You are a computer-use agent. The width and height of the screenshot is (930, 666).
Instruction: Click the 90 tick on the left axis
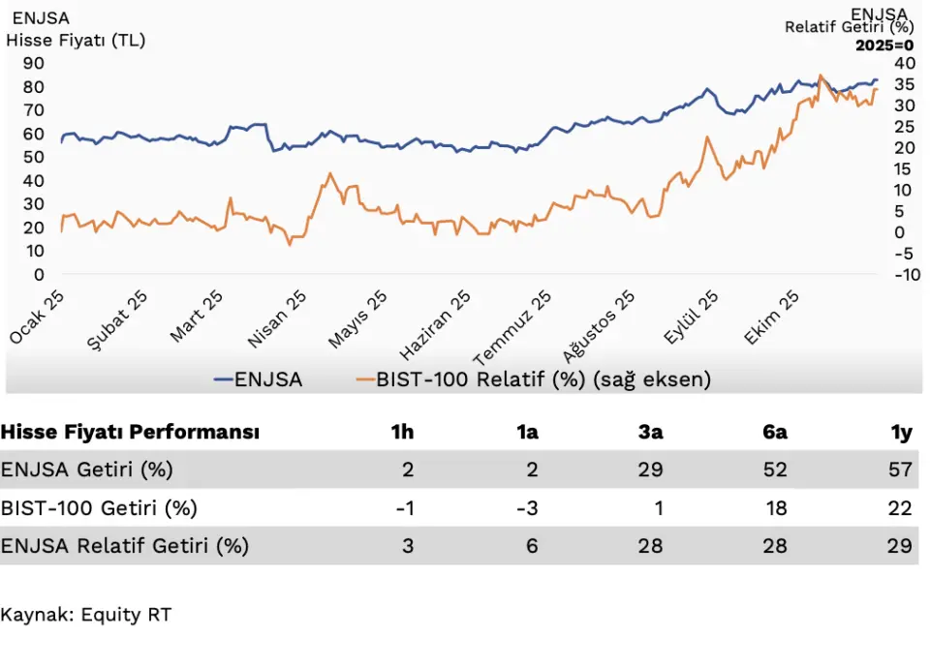[34, 63]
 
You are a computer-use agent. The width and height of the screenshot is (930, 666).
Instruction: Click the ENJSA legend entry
[259, 379]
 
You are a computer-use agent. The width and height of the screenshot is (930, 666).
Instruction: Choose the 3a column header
[650, 432]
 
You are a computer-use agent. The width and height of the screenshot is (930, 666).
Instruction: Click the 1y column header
[902, 432]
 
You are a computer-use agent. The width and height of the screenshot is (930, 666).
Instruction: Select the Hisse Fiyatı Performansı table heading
[130, 432]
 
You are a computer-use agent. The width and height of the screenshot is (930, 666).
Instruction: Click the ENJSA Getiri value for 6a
[775, 469]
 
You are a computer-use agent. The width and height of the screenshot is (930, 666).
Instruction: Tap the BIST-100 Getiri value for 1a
[527, 508]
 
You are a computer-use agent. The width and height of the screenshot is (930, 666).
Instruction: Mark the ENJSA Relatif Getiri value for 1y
[900, 546]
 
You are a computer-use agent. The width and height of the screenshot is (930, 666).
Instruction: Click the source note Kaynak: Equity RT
[85, 614]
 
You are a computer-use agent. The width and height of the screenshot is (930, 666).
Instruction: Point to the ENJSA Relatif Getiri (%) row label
[125, 546]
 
